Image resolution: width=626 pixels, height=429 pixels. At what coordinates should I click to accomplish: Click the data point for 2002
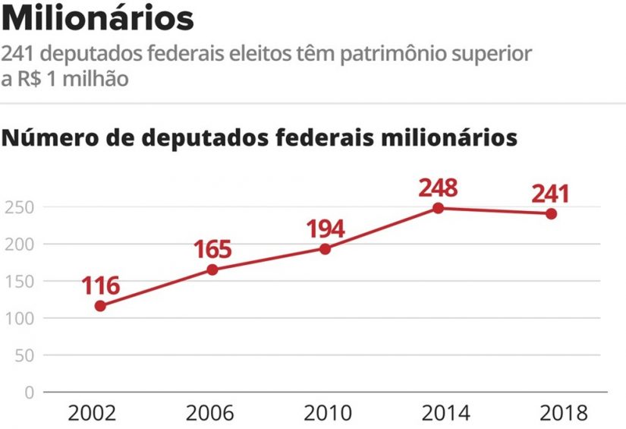(x=100, y=306)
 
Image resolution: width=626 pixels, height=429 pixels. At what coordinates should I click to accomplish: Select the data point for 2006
(x=212, y=270)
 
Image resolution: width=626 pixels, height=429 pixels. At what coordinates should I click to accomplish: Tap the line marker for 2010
(x=325, y=249)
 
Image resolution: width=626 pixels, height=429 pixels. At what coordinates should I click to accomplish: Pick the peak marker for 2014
(x=439, y=208)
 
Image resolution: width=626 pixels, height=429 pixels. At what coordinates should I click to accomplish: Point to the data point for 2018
(x=551, y=213)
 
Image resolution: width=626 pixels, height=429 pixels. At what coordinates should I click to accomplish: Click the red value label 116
(x=100, y=286)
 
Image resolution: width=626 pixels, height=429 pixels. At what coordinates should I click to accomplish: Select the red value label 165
(x=212, y=249)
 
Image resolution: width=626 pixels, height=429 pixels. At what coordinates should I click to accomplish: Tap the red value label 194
(x=325, y=229)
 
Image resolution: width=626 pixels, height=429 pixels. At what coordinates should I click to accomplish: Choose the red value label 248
(x=439, y=187)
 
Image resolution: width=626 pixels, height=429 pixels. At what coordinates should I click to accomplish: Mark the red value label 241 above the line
(x=549, y=194)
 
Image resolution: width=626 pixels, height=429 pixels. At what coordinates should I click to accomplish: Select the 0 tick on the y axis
(x=29, y=393)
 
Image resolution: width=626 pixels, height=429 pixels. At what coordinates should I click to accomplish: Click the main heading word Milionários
(x=98, y=19)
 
